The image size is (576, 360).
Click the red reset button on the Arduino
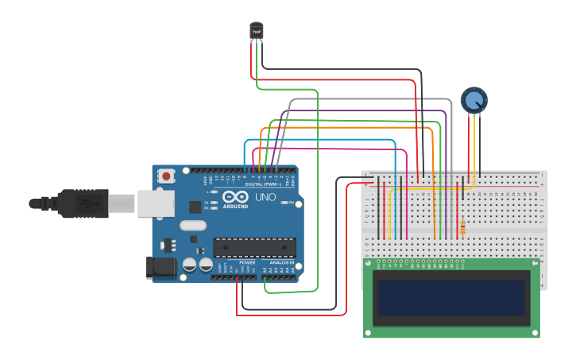pos(166,176)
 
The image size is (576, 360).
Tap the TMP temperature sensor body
pos(256,30)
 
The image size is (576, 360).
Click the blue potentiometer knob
pos(474,100)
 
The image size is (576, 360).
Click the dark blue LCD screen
pos(451,297)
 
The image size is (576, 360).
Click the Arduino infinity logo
pos(236,197)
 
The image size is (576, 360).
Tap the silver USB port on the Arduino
pos(155,203)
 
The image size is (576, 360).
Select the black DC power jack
pos(161,268)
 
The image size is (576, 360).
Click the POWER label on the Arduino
pos(247,261)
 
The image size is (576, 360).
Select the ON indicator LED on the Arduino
pos(285,203)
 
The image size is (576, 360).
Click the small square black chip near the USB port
pos(195,207)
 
